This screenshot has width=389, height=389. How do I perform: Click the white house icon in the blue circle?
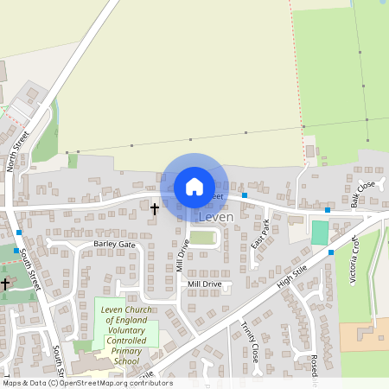(194, 186)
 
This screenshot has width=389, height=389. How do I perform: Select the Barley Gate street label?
(115, 245)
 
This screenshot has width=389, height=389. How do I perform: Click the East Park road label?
(260, 235)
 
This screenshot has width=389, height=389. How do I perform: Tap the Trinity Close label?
(250, 341)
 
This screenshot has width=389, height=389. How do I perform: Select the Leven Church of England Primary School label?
(126, 335)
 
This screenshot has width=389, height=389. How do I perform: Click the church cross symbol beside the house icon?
(156, 209)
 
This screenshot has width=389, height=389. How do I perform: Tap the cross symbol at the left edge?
(4, 283)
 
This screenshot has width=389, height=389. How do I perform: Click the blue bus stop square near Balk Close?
(328, 210)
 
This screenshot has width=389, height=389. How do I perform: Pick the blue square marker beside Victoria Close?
(331, 252)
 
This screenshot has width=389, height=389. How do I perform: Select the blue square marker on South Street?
(19, 233)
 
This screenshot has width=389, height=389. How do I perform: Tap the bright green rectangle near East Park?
(320, 233)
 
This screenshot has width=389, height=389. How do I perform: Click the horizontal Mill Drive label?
(205, 284)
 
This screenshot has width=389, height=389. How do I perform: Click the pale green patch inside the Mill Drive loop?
(202, 238)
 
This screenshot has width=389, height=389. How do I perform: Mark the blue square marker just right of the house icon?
(245, 195)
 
